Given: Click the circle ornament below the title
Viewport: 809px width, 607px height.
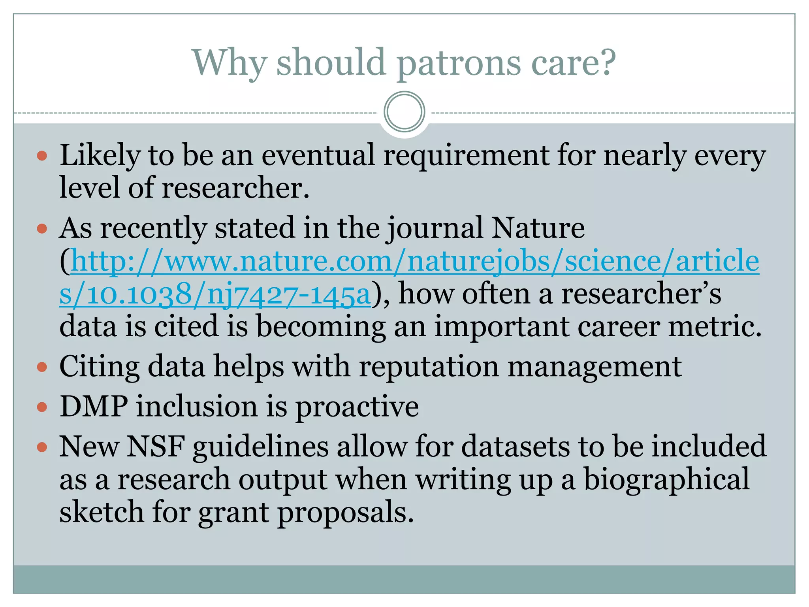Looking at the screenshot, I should pyautogui.click(x=404, y=112).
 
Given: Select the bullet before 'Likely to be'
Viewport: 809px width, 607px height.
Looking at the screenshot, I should pyautogui.click(x=42, y=156).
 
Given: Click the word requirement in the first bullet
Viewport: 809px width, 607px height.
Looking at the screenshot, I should pyautogui.click(x=466, y=155).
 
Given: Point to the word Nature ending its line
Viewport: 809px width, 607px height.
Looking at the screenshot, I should pyautogui.click(x=538, y=228).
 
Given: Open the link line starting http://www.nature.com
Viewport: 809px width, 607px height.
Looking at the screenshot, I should pyautogui.click(x=415, y=261).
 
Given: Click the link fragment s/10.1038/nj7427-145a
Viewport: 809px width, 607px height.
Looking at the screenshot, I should pyautogui.click(x=215, y=294).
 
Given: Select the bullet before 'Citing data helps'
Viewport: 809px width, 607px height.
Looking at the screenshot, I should pyautogui.click(x=42, y=368).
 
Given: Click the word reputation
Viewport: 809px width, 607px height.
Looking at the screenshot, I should pyautogui.click(x=429, y=367).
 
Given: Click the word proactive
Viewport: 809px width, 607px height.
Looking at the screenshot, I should pyautogui.click(x=357, y=407).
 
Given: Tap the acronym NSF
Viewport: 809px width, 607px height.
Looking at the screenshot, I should pyautogui.click(x=156, y=447).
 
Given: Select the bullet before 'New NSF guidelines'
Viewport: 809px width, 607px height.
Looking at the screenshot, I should pyautogui.click(x=42, y=447).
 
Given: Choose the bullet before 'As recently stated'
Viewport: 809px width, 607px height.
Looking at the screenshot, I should pyautogui.click(x=42, y=229).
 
